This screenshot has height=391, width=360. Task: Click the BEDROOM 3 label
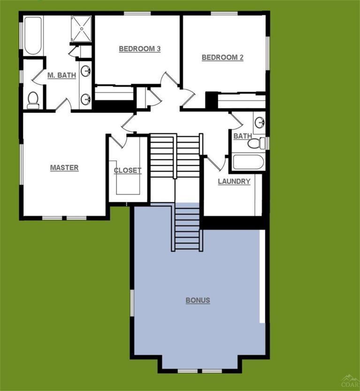[x=140, y=49]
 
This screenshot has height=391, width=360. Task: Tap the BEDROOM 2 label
[x=222, y=58]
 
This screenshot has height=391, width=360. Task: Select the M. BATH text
[x=61, y=75]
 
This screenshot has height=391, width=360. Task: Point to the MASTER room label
[x=64, y=168]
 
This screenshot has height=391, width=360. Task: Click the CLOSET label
[x=127, y=170]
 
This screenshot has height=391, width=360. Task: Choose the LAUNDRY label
[x=234, y=182]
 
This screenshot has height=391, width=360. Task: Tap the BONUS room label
[x=198, y=300]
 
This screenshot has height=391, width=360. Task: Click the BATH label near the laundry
[x=242, y=136]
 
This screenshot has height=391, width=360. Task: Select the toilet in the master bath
[x=33, y=100]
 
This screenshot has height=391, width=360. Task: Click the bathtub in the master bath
[x=33, y=36]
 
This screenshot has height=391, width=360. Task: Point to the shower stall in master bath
[x=83, y=28]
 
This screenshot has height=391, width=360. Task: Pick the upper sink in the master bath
[x=86, y=71]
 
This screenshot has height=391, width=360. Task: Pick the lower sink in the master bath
[x=85, y=99]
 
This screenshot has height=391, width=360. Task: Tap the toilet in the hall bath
[x=255, y=143]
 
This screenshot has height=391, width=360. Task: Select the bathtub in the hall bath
[x=248, y=161]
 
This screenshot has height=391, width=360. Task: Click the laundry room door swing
[x=215, y=162]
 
